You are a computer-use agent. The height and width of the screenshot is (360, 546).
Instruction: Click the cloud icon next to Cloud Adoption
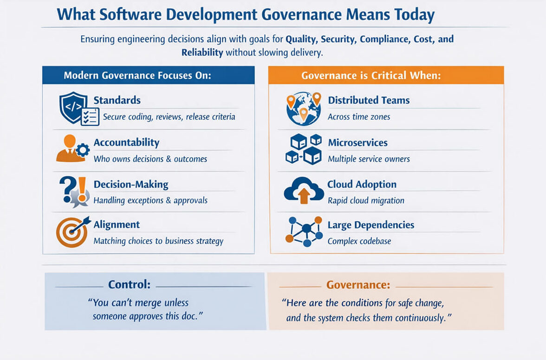click(x=303, y=190)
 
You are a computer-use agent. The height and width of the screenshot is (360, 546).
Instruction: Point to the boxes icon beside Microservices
click(x=303, y=149)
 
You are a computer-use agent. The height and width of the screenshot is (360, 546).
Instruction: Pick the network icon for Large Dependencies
click(x=304, y=230)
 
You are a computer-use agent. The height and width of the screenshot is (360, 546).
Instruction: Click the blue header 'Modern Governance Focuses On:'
click(x=137, y=76)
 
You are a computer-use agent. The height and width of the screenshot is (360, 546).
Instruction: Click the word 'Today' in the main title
click(x=409, y=15)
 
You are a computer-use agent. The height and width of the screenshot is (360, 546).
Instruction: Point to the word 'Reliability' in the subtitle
click(x=202, y=52)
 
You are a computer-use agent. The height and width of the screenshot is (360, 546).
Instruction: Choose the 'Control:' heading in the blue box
click(x=130, y=285)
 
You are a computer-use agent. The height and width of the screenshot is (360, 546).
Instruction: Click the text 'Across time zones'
click(x=359, y=117)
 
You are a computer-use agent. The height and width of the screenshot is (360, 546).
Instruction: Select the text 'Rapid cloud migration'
click(x=366, y=200)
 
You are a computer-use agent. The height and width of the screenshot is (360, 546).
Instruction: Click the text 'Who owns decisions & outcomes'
click(x=150, y=159)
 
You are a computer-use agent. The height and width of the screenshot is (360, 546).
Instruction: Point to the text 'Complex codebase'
click(x=359, y=241)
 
